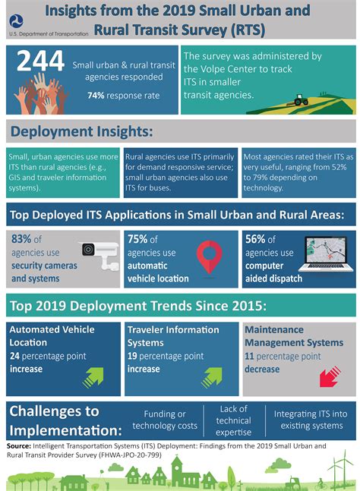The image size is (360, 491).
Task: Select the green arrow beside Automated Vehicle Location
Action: tap(93, 371)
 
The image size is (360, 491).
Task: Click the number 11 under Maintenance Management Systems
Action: tap(249, 356)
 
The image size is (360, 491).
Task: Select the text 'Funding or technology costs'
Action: tap(165, 420)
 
